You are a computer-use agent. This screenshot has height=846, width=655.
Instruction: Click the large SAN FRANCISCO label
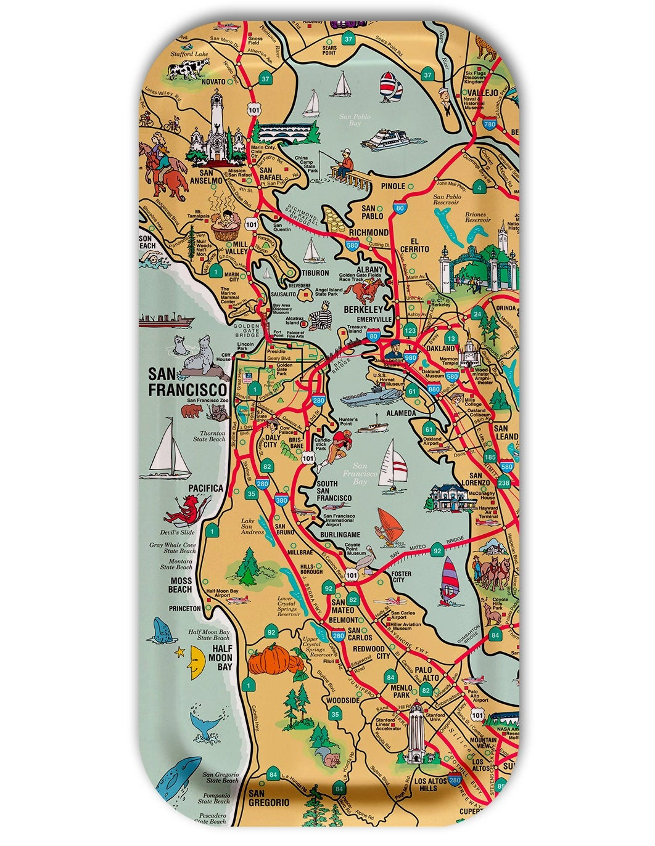tap(187, 382)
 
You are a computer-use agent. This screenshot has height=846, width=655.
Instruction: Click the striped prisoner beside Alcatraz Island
tap(320, 320)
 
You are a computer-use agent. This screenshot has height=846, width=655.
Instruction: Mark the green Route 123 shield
tap(410, 331)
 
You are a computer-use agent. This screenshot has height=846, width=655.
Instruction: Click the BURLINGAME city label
tap(340, 535)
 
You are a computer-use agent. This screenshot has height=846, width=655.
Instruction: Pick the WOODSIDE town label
tap(342, 701)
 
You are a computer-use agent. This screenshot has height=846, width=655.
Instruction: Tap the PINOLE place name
tap(393, 186)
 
